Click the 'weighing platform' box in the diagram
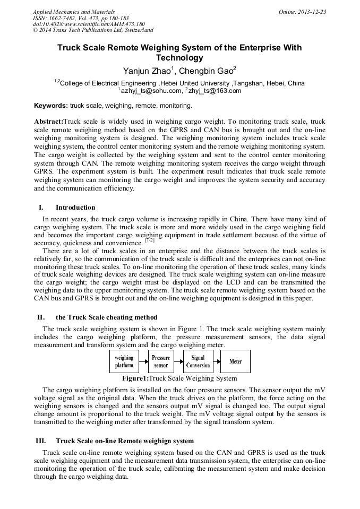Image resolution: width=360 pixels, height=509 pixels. pos(124,361)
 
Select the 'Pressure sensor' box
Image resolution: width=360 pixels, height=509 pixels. pos(161,361)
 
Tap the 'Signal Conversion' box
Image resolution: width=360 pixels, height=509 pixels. pos(198,361)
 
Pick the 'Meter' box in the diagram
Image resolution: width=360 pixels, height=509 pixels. pos(235,361)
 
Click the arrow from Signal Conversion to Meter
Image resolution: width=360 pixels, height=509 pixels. pos(217,361)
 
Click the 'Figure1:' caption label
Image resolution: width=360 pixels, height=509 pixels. pos(135,378)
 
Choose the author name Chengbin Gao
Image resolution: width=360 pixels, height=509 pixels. pos(208,71)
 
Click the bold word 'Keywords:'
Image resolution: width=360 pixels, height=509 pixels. pos(51,106)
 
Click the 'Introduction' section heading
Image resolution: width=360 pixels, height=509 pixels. pos(75,207)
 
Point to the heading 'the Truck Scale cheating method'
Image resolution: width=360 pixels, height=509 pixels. pos(106,317)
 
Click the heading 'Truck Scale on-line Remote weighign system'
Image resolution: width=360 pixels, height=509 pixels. pos(124,441)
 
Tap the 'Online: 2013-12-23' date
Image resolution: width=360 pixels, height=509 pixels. pos(302,12)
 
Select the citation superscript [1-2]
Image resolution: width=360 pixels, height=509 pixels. pos(150,240)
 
